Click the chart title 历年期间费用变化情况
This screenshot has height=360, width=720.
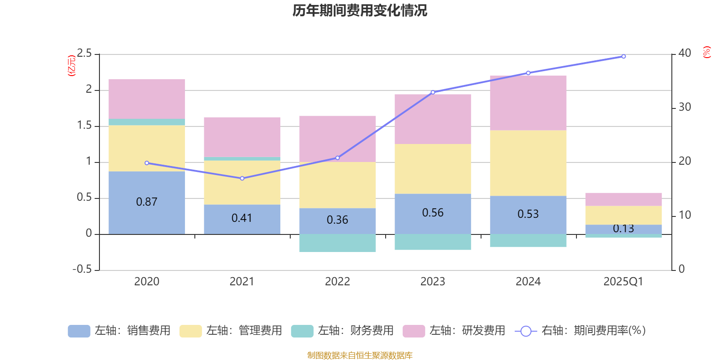pos(360,10)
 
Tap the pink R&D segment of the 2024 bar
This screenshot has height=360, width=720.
pos(528,103)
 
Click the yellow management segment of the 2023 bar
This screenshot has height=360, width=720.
pos(432,169)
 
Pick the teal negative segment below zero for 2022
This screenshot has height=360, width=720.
pos(337,243)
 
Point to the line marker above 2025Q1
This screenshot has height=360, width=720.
pos(623,57)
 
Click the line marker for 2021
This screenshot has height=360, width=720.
pos(242,178)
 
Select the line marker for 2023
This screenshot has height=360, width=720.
pos(433,92)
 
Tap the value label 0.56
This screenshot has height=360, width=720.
pos(432,213)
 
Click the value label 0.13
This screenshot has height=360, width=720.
pos(623,229)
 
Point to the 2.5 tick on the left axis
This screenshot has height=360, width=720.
pos(84,54)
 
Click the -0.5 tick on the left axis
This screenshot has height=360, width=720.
pos(82,269)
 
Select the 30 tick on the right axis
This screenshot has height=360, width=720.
pos(684,107)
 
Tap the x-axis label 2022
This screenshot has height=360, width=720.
pos(337,282)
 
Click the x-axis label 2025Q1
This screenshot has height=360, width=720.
pos(623,282)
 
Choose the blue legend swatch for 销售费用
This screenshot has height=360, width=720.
pos(79,331)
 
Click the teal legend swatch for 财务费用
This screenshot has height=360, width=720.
pos(302,331)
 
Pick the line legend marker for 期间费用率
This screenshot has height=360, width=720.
pos(526,331)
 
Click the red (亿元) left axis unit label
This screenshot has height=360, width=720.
pos(71,66)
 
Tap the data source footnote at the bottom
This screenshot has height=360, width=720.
pos(360,355)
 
